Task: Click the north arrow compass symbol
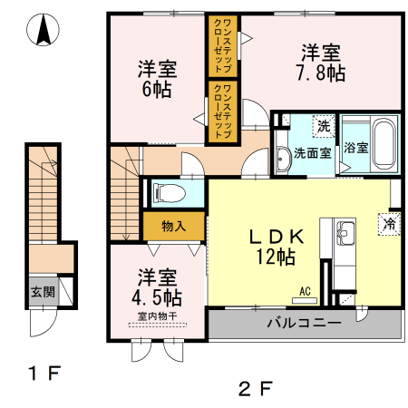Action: [42, 31]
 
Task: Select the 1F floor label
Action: [42, 373]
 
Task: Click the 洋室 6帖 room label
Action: [157, 79]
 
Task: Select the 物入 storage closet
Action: [174, 225]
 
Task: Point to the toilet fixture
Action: [168, 192]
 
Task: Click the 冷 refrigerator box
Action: [390, 223]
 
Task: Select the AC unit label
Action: [305, 290]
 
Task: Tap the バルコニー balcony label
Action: [304, 323]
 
